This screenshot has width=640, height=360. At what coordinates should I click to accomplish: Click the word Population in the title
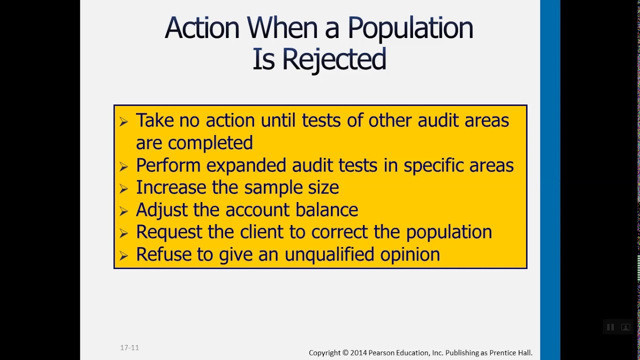[410, 28]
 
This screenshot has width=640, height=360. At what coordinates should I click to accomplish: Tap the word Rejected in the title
[333, 59]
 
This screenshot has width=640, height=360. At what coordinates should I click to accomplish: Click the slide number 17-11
[129, 347]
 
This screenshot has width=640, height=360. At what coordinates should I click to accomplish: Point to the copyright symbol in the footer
[345, 353]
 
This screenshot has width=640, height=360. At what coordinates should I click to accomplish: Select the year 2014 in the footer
[358, 353]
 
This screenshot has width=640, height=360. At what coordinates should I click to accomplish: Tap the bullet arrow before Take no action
[123, 121]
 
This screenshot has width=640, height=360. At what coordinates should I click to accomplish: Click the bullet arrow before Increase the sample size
[123, 188]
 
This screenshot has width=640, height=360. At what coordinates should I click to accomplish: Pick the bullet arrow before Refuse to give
[123, 255]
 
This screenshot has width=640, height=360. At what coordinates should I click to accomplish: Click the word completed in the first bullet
[210, 143]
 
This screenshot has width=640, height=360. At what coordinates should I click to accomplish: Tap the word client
[260, 232]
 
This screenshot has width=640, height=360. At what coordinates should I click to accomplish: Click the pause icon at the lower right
[610, 327]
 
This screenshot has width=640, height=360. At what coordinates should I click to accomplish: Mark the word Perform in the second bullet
[168, 165]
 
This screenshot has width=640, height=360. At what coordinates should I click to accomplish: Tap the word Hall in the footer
[524, 353]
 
